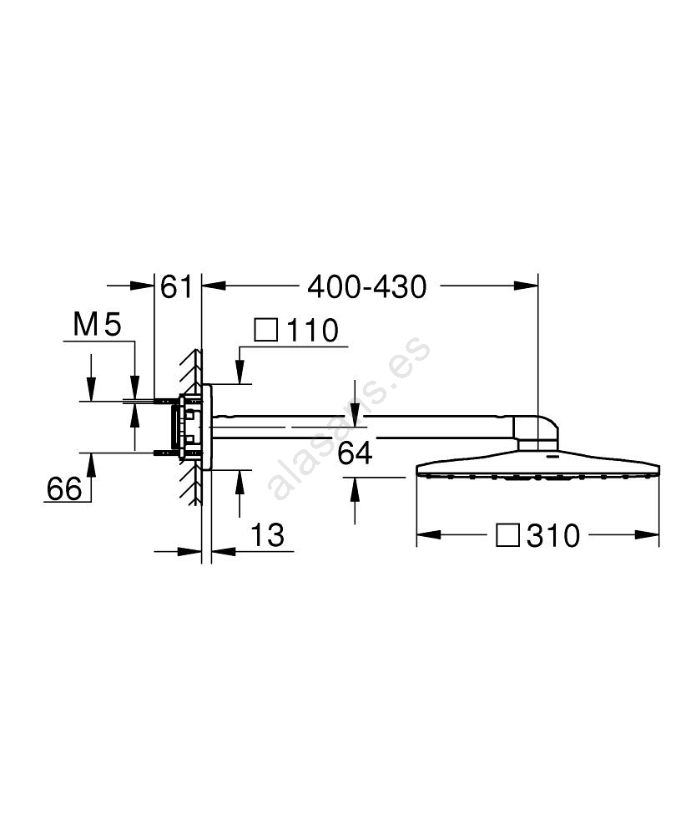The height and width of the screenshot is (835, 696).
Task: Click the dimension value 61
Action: coord(176,286)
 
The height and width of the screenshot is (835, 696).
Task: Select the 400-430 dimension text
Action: coord(367,286)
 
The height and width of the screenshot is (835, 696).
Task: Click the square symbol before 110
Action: coord(266,330)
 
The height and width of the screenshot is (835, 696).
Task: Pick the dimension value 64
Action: coord(355,453)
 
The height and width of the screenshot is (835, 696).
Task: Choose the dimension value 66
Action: coord(64,488)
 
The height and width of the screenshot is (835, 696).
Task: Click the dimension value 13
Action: coord(267,534)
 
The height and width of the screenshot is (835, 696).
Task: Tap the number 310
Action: coord(553,535)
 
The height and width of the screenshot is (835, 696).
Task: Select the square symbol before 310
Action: coord(507,534)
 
